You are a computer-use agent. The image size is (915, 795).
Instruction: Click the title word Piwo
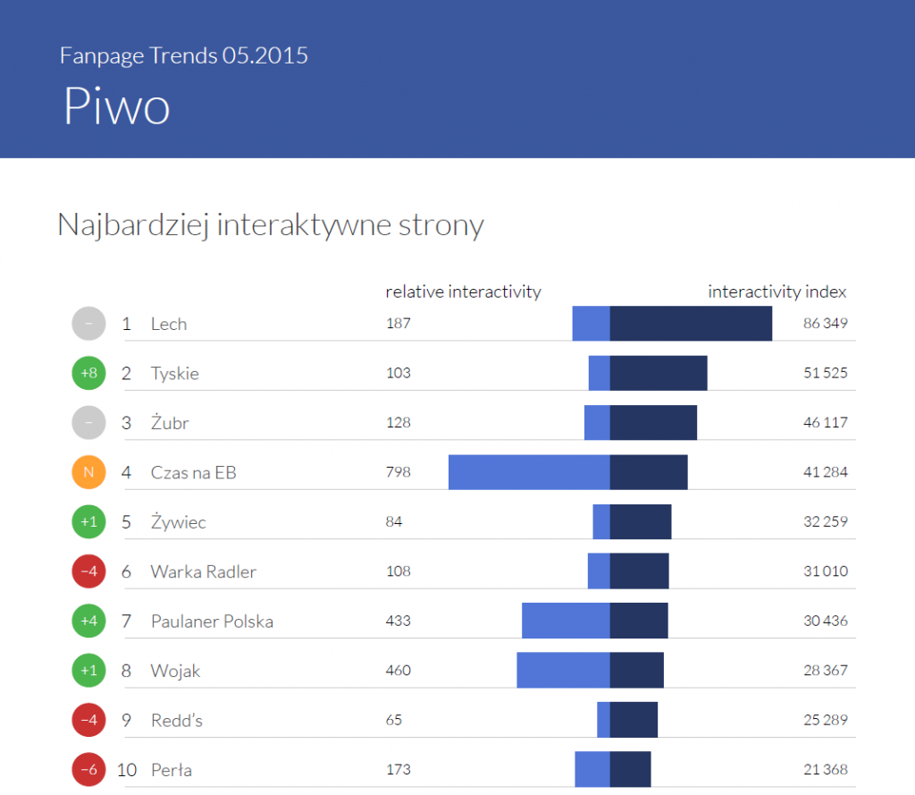pyautogui.click(x=116, y=107)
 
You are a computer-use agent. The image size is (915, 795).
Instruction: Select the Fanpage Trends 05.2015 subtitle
pyautogui.click(x=183, y=55)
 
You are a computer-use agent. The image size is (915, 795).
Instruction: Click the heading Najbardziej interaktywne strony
pyautogui.click(x=270, y=224)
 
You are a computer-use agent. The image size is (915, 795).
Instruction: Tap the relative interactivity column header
pyautogui.click(x=463, y=292)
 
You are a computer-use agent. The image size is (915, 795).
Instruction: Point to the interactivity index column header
pyautogui.click(x=776, y=292)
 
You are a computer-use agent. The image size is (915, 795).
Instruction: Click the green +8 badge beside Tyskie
pyautogui.click(x=88, y=373)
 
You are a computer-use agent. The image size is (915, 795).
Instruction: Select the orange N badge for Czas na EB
pyautogui.click(x=88, y=472)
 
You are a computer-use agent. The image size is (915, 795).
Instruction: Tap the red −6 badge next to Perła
pyautogui.click(x=88, y=770)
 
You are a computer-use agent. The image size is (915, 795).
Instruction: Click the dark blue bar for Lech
pyautogui.click(x=691, y=323)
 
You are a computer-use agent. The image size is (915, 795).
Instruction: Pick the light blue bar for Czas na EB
pyautogui.click(x=529, y=472)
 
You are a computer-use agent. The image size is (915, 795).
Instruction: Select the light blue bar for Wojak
pyautogui.click(x=563, y=670)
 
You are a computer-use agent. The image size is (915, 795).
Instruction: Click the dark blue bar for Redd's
pyautogui.click(x=634, y=720)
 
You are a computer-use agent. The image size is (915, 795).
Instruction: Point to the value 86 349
pyautogui.click(x=825, y=323)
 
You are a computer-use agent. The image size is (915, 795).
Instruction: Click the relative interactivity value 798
pyautogui.click(x=398, y=472)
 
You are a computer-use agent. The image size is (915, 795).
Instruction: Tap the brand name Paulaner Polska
pyautogui.click(x=212, y=621)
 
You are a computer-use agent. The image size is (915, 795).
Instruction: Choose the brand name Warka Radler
pyautogui.click(x=203, y=571)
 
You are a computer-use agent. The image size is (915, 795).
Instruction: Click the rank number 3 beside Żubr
pyautogui.click(x=126, y=423)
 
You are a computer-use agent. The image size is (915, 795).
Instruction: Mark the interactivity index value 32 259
pyautogui.click(x=825, y=521)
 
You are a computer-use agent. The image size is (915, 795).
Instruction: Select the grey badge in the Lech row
pyautogui.click(x=88, y=323)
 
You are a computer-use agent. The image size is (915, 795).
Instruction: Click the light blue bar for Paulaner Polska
pyautogui.click(x=566, y=621)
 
